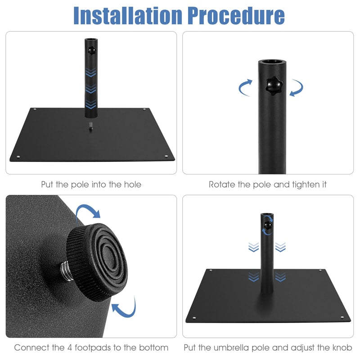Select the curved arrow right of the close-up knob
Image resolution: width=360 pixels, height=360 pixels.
click(x=297, y=87)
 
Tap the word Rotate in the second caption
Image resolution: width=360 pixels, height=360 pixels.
click(x=221, y=184)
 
